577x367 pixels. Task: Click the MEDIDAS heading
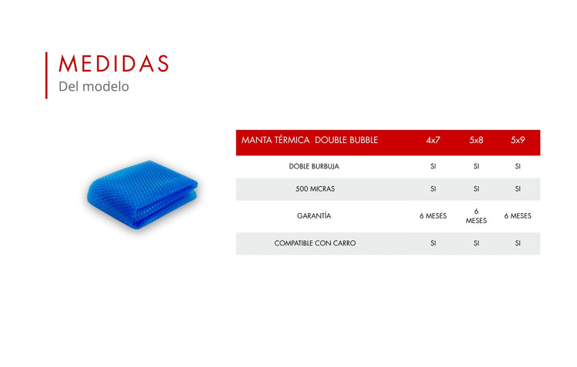coord(114,63)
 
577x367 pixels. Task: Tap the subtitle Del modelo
coord(94,86)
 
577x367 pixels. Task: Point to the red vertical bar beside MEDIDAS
coord(46,75)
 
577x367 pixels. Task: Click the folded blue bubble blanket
coord(142,194)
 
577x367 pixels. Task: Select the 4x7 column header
coord(433,140)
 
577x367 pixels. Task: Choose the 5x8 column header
coord(476,140)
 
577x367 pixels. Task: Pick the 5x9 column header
coord(518,140)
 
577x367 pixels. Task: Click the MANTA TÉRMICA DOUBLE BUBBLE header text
coord(309,140)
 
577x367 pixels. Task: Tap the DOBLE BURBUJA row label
coord(314,166)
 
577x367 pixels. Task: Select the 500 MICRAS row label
coord(315,189)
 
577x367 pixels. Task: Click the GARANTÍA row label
coord(314,215)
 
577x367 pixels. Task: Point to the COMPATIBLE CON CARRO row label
coord(315,243)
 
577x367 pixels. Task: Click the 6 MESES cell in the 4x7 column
coord(433,216)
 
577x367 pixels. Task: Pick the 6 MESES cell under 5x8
coord(476,216)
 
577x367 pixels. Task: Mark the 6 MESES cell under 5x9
coord(518,216)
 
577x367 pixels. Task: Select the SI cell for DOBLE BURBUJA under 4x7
coord(433,166)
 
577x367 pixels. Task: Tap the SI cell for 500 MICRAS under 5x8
coord(476,189)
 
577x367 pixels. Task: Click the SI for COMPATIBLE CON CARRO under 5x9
coord(518,243)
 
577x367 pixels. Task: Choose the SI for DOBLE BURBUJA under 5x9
coord(518,166)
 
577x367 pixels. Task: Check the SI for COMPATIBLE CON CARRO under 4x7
coord(433,243)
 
